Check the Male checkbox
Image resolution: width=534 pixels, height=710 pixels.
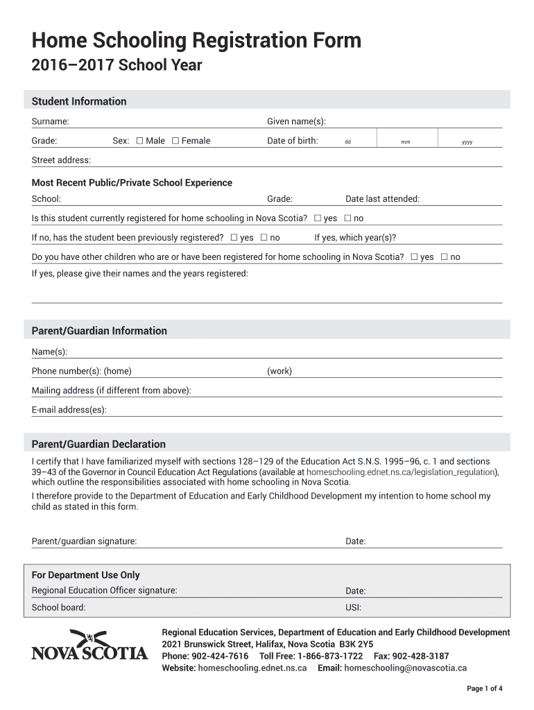[140, 141]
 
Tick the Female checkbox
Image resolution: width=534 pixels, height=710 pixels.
[175, 141]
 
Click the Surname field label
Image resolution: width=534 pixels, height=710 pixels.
[50, 122]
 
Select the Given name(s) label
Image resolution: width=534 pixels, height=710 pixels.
[296, 122]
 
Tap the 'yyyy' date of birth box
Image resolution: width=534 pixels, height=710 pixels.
[467, 142]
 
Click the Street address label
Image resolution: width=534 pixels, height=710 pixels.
[61, 160]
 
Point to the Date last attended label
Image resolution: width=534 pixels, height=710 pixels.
[382, 199]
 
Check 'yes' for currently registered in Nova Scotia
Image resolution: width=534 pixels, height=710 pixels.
[318, 218]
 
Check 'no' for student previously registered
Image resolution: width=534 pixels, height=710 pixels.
[264, 238]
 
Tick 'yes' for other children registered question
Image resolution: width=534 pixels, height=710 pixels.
[414, 257]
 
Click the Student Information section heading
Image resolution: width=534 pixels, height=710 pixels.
[79, 101]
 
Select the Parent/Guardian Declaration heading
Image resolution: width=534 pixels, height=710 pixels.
[98, 444]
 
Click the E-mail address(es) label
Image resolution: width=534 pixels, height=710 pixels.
[69, 410]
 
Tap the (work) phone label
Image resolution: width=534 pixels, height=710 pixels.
[279, 371]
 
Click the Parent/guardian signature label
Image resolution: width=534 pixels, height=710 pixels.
[84, 541]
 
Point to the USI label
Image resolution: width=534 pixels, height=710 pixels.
[353, 608]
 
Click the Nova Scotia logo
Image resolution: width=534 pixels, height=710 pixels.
[89, 645]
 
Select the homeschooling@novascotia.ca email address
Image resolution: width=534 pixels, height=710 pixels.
[405, 668]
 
